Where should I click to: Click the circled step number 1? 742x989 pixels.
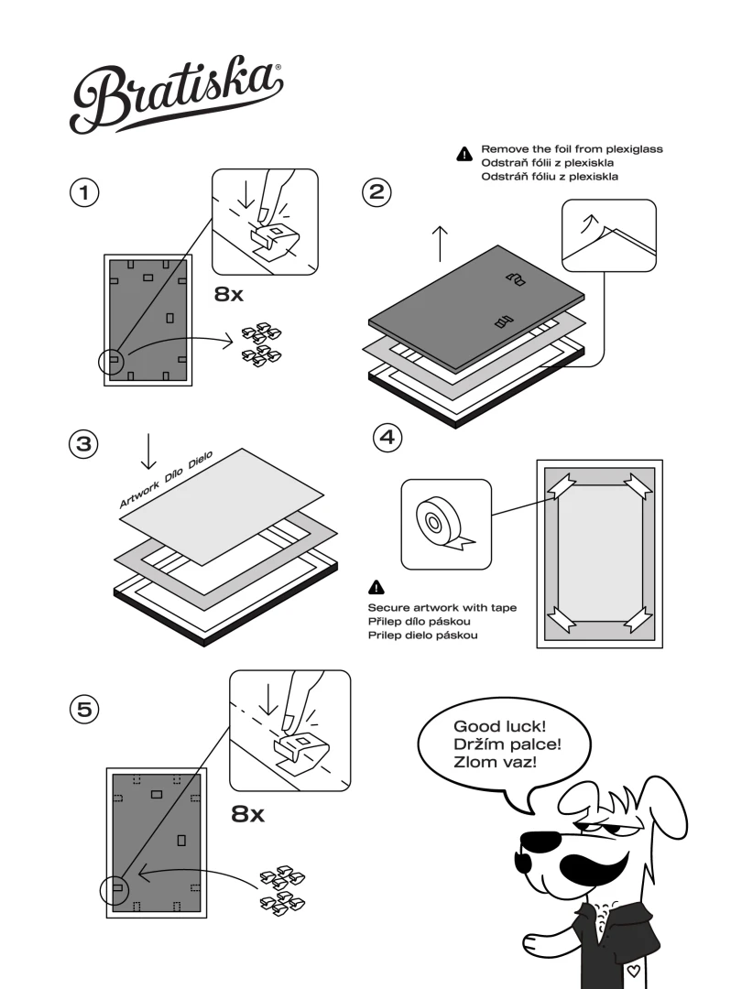[x=84, y=193]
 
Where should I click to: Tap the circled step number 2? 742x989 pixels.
[x=377, y=192]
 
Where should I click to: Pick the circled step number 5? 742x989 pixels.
[x=84, y=708]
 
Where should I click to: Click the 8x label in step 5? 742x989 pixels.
[x=247, y=813]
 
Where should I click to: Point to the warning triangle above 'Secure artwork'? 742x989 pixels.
[x=376, y=587]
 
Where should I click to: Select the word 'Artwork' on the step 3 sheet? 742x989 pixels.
[x=139, y=492]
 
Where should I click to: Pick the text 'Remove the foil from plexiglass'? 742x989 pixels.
[x=572, y=148]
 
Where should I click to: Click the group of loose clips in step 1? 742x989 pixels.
[x=261, y=342]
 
